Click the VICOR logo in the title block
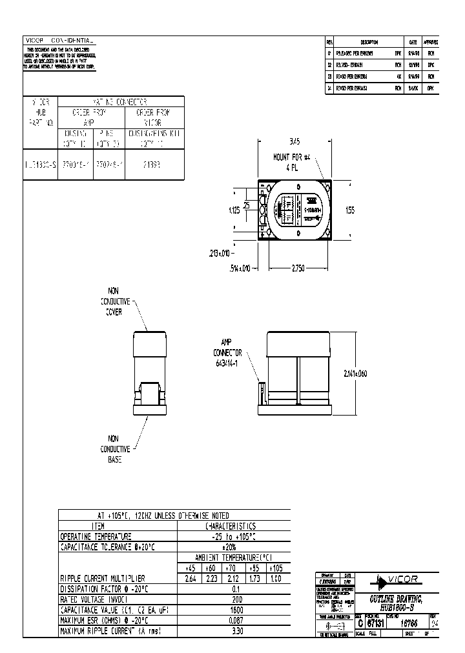[x=399, y=579]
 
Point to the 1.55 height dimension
[x=350, y=210]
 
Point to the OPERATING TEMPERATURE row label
[x=96, y=536]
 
